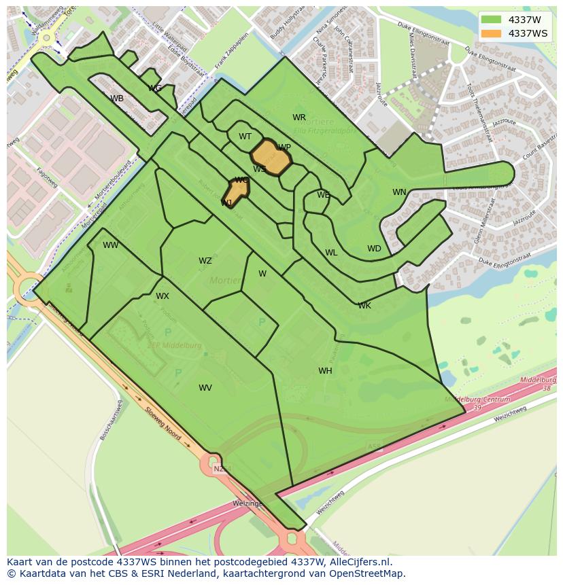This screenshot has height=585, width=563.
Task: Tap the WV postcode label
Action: click(x=205, y=388)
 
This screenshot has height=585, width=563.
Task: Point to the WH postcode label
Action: click(x=325, y=371)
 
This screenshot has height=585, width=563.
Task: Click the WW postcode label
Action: click(x=111, y=245)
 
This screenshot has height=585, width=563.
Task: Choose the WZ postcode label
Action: click(x=205, y=261)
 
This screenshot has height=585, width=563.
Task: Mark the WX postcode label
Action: click(x=163, y=296)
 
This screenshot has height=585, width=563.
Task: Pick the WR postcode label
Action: click(x=299, y=118)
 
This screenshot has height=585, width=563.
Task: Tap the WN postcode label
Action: click(x=399, y=192)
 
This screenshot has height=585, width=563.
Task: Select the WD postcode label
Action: click(x=374, y=249)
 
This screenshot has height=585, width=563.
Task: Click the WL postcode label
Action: click(x=331, y=253)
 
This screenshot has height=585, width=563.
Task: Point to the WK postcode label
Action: click(x=364, y=306)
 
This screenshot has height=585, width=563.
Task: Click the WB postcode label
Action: click(x=117, y=99)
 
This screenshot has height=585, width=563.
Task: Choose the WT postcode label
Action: click(x=245, y=137)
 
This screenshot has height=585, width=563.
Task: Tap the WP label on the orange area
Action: click(x=284, y=147)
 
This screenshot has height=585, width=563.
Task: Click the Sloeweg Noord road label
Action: click(x=163, y=423)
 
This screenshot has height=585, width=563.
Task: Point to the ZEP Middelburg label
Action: click(x=175, y=345)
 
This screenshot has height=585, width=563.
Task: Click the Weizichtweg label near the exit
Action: click(x=510, y=414)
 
